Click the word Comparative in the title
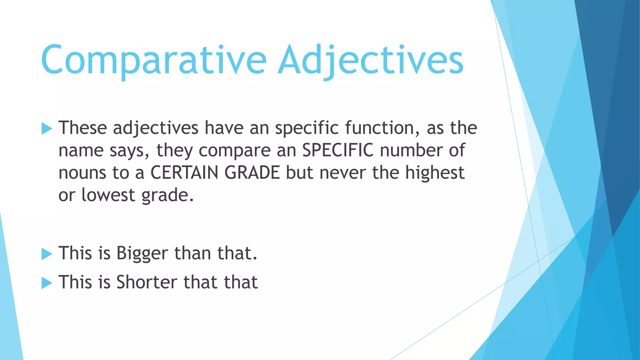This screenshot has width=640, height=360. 153,60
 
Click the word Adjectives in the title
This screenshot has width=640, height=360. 370,60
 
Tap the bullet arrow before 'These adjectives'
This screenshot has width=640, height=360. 47,128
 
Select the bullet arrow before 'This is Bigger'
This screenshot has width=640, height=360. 47,254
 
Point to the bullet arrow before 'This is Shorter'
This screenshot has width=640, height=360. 47,283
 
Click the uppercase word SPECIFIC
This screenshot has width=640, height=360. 337,150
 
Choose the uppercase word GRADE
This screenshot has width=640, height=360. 252,173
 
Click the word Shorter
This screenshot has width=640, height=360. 147,282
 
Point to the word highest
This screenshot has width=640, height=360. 435,173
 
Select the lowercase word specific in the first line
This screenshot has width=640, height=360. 307,128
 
